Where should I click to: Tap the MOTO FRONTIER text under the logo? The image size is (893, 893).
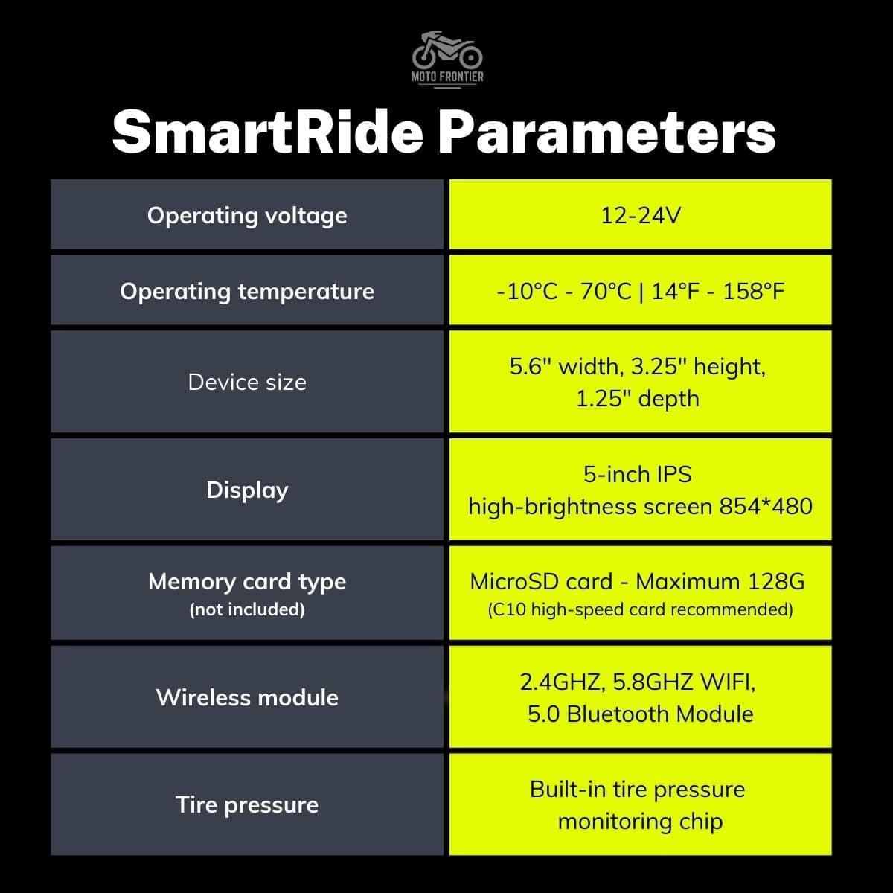click(x=447, y=77)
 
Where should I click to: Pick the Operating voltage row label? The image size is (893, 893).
click(x=247, y=216)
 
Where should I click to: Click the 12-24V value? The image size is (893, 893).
click(x=641, y=216)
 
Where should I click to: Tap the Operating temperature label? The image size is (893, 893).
click(x=247, y=292)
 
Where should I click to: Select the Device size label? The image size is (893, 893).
click(x=247, y=383)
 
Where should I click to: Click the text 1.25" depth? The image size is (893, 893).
click(x=638, y=399)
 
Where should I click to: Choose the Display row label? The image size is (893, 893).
click(x=247, y=490)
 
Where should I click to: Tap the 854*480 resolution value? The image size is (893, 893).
click(x=766, y=506)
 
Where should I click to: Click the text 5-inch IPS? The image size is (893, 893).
click(x=638, y=475)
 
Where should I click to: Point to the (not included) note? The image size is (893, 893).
click(x=247, y=609)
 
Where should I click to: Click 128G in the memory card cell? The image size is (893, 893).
click(x=776, y=582)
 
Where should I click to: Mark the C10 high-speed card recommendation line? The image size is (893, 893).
click(x=641, y=609)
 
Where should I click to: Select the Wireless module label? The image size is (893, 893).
click(x=247, y=697)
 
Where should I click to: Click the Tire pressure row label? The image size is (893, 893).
click(x=247, y=805)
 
